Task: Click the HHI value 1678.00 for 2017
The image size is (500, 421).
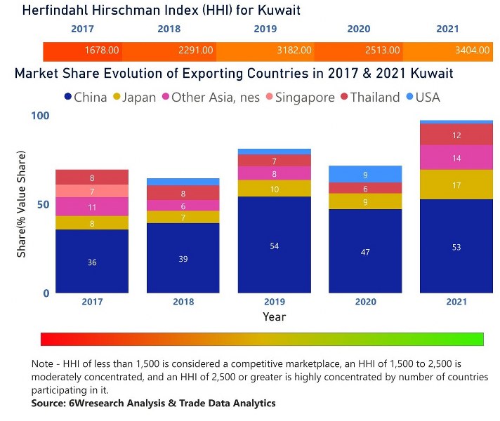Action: (x=101, y=51)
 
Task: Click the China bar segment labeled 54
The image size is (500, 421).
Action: (x=274, y=245)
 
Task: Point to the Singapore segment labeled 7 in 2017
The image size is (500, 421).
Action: (x=92, y=191)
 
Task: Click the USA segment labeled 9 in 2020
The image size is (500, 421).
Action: (x=364, y=174)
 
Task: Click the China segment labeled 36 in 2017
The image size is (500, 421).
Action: (x=92, y=262)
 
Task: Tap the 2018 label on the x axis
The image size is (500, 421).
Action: (x=183, y=301)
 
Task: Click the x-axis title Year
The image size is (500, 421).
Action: (x=274, y=316)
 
